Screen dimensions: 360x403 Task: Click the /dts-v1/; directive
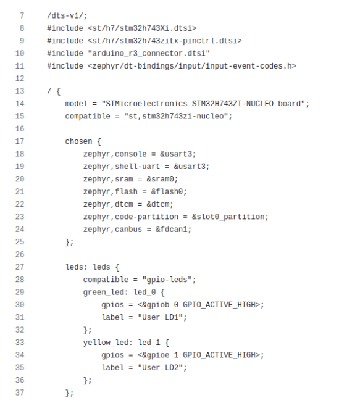(67, 15)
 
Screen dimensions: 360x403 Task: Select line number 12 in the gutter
(20, 78)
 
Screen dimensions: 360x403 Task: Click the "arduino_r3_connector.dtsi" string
(149, 54)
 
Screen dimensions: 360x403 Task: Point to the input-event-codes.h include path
(192, 66)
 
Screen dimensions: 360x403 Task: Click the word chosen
(78, 141)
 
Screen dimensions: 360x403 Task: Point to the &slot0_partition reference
(228, 217)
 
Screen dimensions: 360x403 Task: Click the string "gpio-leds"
(167, 280)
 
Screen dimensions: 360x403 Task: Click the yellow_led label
(106, 343)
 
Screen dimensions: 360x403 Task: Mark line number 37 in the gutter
(20, 393)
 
